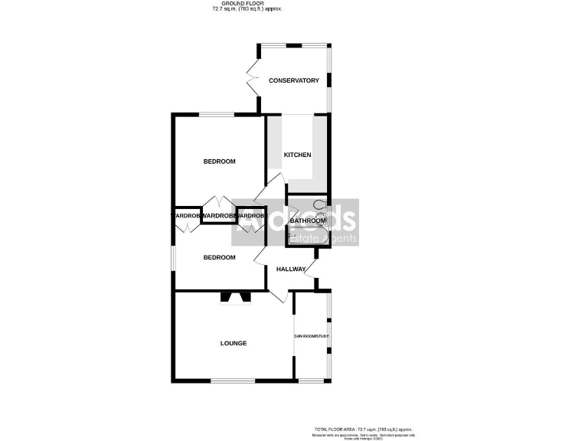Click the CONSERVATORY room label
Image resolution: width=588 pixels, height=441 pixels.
[x=293, y=80]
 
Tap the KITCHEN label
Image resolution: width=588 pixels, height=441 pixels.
[x=297, y=155]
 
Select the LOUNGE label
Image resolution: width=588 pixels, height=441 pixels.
[x=234, y=343]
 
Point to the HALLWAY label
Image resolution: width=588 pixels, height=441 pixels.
[x=291, y=269]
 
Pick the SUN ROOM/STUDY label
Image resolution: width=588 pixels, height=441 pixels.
[x=312, y=337]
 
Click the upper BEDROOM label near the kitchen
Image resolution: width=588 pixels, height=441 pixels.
[x=219, y=162]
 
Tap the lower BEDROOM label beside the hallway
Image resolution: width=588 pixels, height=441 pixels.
[x=219, y=257]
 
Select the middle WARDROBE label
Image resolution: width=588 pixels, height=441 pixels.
[x=219, y=217]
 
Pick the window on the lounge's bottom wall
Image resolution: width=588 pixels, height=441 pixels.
[x=233, y=381]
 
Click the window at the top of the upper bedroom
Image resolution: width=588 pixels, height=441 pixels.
[x=217, y=115]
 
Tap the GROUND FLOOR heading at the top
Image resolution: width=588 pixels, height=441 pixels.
[x=237, y=4]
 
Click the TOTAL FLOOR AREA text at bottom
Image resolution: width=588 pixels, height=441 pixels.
[x=363, y=430]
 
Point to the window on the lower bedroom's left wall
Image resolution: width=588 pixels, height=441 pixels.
[x=173, y=256]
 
